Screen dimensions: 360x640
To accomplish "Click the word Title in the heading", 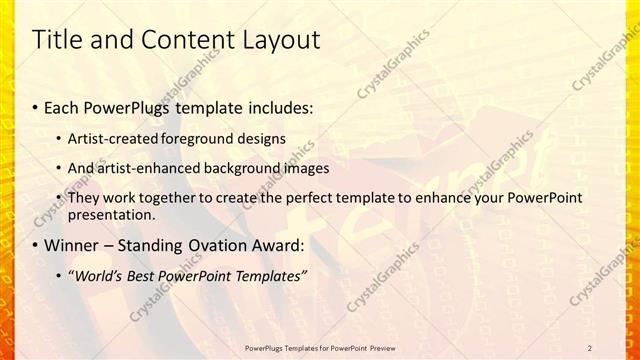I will coord(57,40).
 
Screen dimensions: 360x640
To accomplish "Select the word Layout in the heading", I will coord(272,40).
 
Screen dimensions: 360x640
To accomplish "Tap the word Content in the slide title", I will coord(178,40).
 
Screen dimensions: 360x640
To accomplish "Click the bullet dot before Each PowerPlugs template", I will coord(36,105).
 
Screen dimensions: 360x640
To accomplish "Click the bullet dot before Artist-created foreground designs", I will coord(60,138).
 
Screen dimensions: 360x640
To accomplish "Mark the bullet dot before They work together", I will coord(60,198).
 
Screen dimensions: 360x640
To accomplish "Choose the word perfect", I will coord(300,198).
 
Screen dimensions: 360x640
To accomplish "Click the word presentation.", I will coord(111,214).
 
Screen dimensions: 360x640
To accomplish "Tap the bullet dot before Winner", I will coord(36,246).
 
